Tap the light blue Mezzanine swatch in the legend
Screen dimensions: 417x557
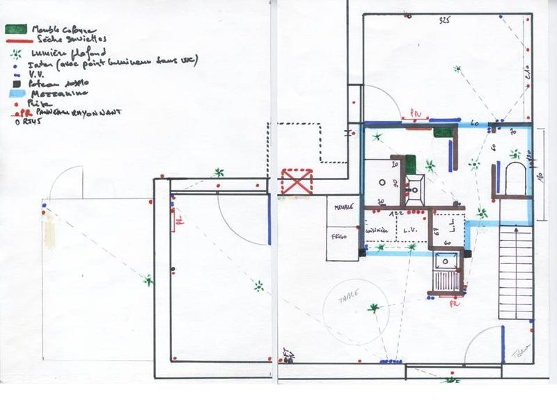click(x=17, y=91)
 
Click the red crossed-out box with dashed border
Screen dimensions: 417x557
click(x=296, y=181)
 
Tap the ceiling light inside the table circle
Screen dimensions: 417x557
click(x=375, y=308)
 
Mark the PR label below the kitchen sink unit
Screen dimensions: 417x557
click(x=453, y=304)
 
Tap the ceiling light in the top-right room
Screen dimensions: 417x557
click(x=457, y=69)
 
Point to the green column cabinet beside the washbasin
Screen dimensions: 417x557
click(x=411, y=164)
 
